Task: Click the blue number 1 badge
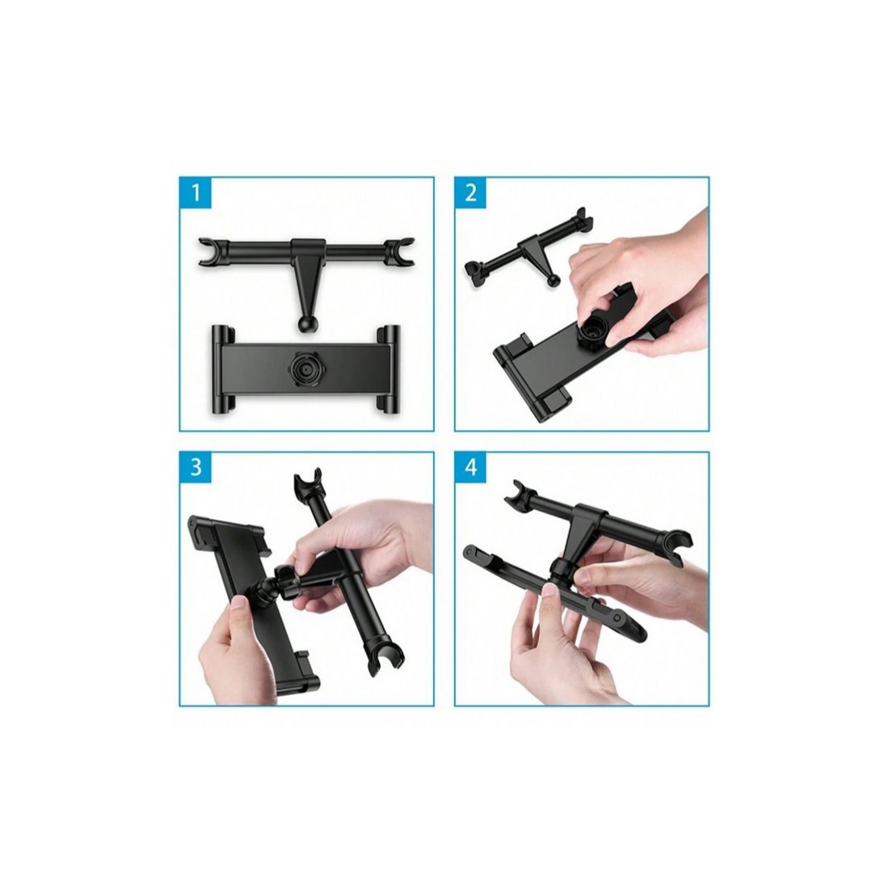click(196, 193)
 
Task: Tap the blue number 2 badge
click(470, 193)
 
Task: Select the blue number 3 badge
click(196, 468)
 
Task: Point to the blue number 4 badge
click(470, 468)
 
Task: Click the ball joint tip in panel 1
click(307, 326)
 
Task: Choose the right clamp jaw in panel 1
click(389, 369)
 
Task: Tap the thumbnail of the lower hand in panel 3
click(238, 603)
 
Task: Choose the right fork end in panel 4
click(678, 547)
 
